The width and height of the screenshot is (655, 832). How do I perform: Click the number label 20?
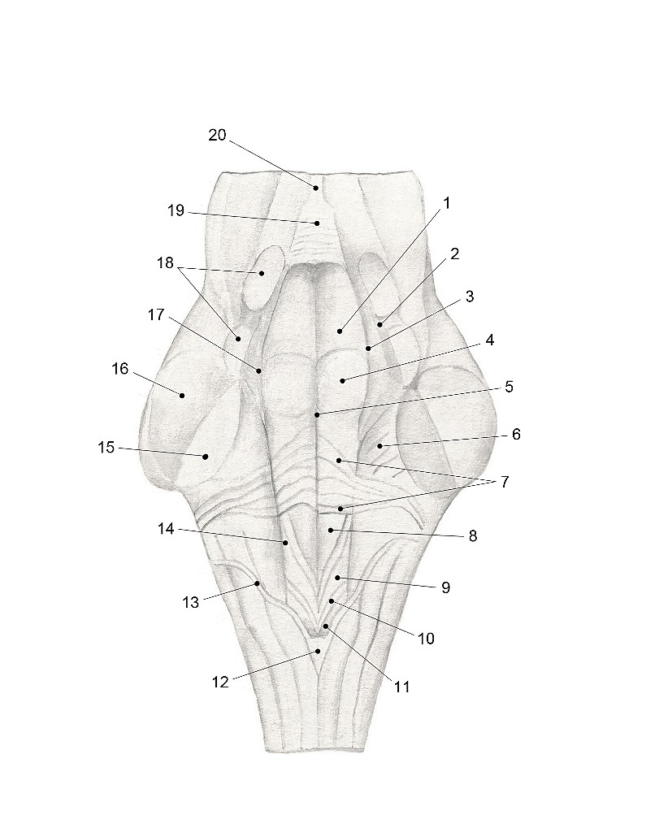click(217, 136)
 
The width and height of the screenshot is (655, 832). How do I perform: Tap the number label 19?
click(176, 210)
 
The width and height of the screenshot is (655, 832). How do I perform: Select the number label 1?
click(446, 202)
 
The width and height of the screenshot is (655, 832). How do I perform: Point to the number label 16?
click(120, 368)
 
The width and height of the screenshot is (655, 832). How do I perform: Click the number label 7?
click(505, 482)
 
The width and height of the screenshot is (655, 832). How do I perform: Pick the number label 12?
click(220, 682)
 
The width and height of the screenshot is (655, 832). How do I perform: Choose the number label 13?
click(190, 602)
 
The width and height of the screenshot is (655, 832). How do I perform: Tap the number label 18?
click(166, 262)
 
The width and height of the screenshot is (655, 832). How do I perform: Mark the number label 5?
click(509, 386)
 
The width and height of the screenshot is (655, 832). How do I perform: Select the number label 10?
click(426, 639)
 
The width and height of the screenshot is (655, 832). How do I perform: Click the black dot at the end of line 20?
click(316, 188)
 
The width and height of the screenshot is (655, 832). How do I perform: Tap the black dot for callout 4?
click(343, 380)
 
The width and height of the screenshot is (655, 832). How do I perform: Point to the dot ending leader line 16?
click(182, 396)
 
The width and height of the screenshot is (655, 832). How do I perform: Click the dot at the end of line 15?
click(205, 457)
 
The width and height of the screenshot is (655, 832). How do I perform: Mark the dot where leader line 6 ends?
click(380, 446)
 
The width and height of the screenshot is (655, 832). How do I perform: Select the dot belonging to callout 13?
click(258, 583)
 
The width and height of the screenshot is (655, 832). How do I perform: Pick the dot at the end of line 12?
click(319, 651)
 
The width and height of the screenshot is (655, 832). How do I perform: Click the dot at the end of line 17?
click(259, 370)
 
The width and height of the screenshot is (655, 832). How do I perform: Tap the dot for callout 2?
click(380, 324)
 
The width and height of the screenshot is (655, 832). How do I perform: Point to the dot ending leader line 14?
click(285, 542)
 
